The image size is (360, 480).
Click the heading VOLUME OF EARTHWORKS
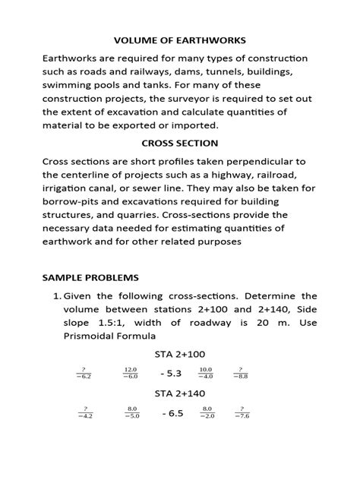(x=179, y=39)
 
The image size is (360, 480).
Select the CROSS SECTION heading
(x=180, y=143)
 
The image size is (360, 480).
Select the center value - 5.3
(x=172, y=373)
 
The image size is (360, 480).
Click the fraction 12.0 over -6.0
(x=131, y=373)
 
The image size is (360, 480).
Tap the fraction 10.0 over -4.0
(x=206, y=373)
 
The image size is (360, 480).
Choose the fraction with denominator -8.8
(x=242, y=373)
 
